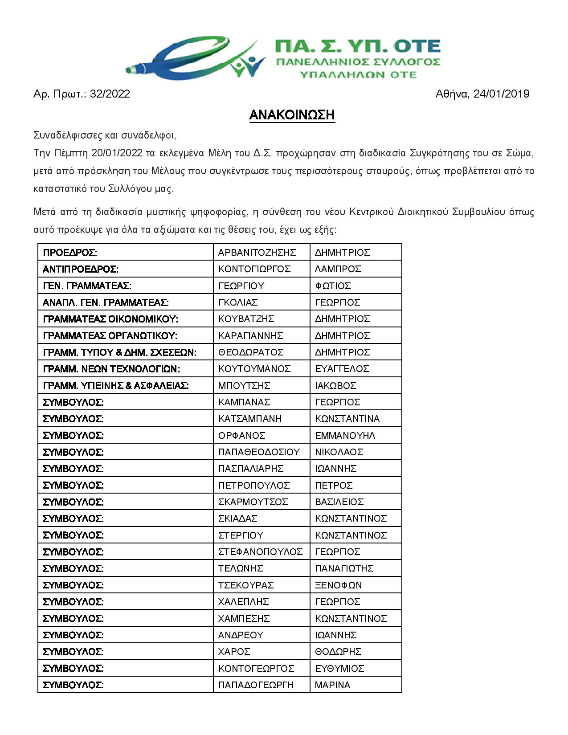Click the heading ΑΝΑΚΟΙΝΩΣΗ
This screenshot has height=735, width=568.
[292, 115]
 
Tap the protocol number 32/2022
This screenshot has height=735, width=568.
[110, 94]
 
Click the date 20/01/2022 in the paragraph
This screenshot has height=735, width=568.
[117, 153]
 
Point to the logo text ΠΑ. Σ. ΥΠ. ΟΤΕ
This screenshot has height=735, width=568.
[358, 46]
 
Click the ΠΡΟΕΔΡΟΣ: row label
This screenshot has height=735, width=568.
[70, 253]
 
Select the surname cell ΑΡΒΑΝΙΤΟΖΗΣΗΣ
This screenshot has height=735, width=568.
[257, 253]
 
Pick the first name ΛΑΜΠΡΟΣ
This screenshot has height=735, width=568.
[338, 269]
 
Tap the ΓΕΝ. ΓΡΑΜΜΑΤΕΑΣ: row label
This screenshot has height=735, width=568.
[87, 286]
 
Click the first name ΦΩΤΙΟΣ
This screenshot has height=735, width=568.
[333, 286]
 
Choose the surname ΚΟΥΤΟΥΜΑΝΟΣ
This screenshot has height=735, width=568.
[254, 369]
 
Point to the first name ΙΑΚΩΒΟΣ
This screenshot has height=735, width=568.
[335, 385]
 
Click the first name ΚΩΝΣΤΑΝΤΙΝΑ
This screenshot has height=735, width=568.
[347, 419]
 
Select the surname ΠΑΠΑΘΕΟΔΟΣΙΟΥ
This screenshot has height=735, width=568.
[259, 452]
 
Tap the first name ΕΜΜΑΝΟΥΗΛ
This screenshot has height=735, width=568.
[345, 435]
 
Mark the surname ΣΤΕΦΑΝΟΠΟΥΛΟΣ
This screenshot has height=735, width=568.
[260, 552]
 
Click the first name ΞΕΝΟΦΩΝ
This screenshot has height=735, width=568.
[338, 585]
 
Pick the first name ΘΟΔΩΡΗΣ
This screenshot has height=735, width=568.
[338, 652]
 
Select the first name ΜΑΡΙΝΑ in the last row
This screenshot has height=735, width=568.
[332, 685]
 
